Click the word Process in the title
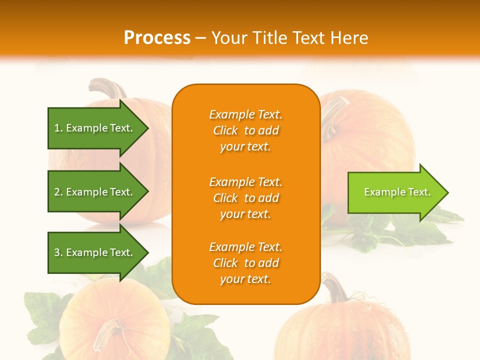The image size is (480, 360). [x=157, y=38]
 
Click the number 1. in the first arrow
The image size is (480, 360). [x=58, y=128]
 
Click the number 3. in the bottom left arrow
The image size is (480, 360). [x=58, y=252]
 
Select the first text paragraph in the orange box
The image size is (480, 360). [x=245, y=130]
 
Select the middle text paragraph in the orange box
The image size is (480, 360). [x=245, y=198]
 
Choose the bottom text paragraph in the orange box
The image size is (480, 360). [x=245, y=263]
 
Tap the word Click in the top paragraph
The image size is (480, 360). [x=225, y=130]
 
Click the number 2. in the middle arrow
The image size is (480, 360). [x=58, y=192]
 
